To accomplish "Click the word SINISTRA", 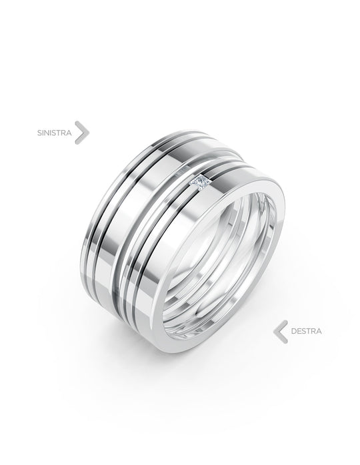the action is click(x=54, y=133).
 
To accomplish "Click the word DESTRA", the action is click(x=306, y=331).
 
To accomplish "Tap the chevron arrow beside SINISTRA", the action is click(x=82, y=133).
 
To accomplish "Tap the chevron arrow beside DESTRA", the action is click(x=281, y=332).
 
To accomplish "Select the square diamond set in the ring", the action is click(x=201, y=182).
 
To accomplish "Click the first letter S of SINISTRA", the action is click(x=39, y=133).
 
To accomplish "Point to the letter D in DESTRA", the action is click(x=293, y=331).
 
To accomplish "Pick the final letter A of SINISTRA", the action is click(x=69, y=133).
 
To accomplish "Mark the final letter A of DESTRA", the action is click(x=319, y=331).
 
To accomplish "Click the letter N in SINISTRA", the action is click(x=47, y=133).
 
